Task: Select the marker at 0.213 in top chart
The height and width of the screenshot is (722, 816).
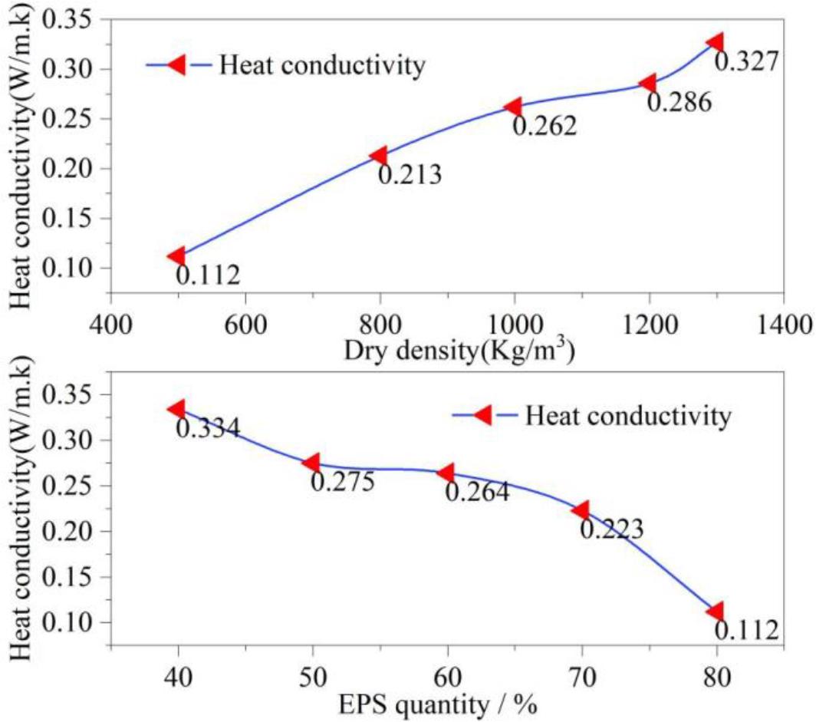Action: pos(378,156)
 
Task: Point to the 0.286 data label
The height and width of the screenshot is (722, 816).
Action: pos(679,101)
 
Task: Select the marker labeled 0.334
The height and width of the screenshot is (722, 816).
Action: pos(176,409)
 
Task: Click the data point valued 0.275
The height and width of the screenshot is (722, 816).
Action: pos(311,463)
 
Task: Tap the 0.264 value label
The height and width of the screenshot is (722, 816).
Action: pos(477,491)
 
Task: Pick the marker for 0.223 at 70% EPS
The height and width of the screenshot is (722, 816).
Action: pos(580,510)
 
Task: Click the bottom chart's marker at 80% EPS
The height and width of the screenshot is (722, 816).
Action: pos(715,612)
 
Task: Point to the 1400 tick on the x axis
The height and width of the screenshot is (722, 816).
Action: pos(785,318)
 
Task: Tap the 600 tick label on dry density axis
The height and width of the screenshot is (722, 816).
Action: pos(244,318)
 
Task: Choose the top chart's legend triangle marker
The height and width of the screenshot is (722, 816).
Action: pos(176,65)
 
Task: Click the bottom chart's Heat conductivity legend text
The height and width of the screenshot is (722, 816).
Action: pos(626,417)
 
